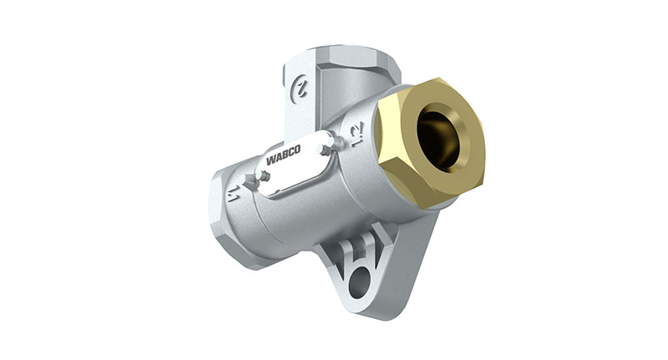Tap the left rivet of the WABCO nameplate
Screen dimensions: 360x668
click(x=263, y=176)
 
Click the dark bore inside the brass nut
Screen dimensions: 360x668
click(x=438, y=138)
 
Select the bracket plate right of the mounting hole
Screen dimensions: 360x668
click(x=392, y=267)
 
